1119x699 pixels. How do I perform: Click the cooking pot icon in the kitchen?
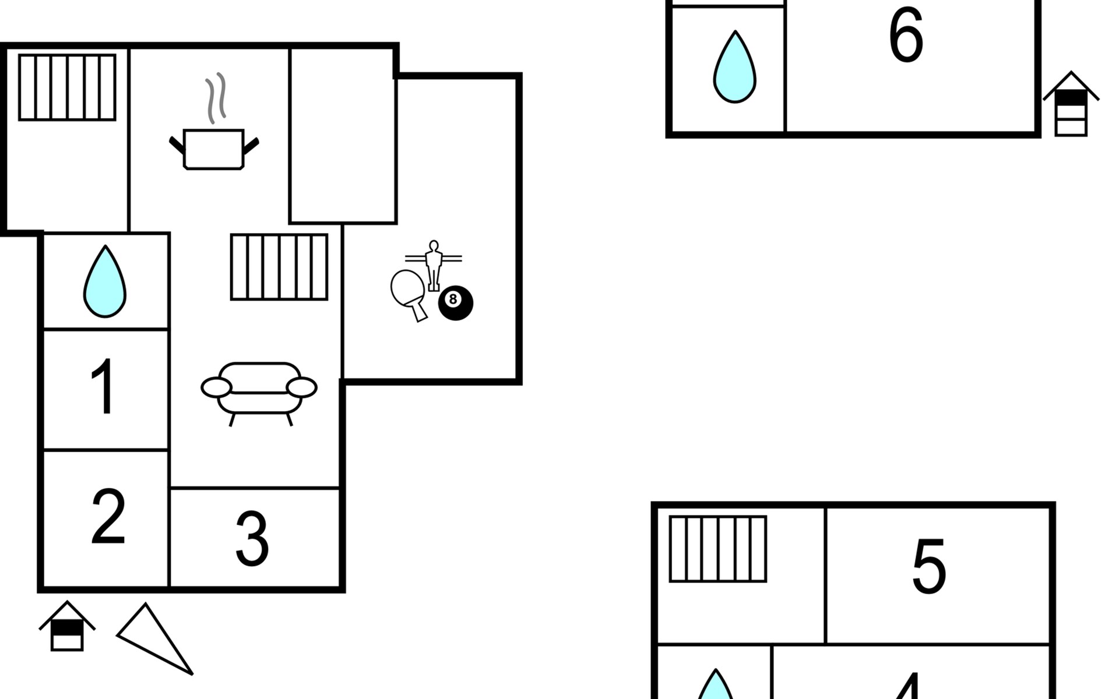[213, 150]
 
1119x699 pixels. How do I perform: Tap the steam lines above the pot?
[215, 98]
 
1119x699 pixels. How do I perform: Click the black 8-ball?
[456, 303]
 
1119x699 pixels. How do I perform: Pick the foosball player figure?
[433, 265]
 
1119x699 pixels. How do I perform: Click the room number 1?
[104, 387]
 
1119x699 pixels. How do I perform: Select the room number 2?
[108, 516]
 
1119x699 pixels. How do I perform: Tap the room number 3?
[252, 539]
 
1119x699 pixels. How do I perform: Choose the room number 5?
[929, 566]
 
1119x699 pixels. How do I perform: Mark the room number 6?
[906, 35]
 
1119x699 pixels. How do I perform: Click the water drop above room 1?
[105, 281]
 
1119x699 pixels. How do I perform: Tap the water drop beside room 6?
[735, 67]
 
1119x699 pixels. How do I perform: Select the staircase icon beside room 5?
[718, 549]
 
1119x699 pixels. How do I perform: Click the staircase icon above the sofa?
[279, 267]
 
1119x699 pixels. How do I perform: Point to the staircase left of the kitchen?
[67, 87]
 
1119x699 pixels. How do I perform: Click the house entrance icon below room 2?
[67, 626]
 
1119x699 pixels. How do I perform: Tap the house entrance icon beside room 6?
[1071, 104]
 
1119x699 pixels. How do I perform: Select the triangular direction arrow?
[155, 638]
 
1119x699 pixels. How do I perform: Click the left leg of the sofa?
[233, 419]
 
